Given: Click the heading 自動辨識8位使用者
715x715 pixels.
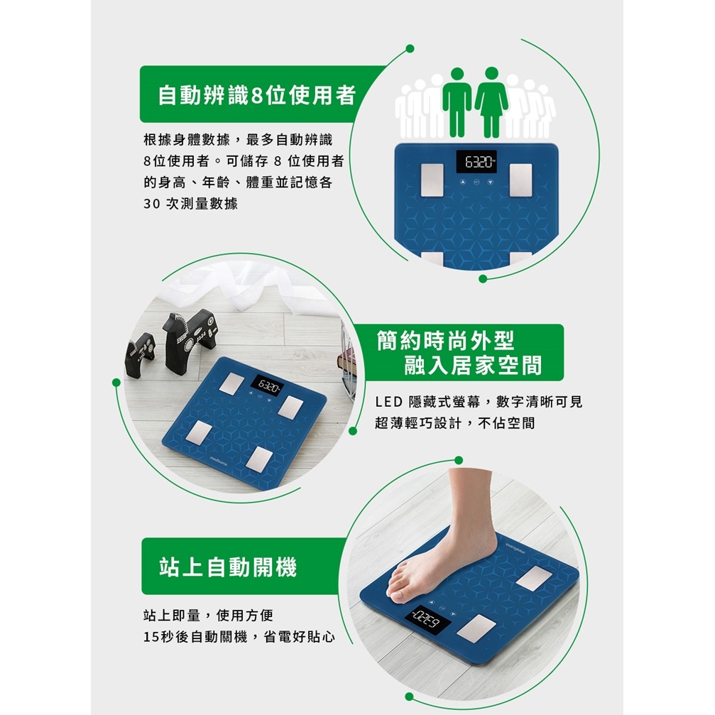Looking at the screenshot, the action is (x=257, y=95).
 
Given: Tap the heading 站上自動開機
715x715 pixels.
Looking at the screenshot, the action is (x=228, y=567).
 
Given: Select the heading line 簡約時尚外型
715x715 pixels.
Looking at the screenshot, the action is (x=445, y=340).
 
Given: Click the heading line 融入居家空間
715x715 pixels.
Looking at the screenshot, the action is (x=473, y=365).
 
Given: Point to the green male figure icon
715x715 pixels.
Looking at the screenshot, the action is (x=457, y=102).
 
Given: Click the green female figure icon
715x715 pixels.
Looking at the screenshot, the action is (x=491, y=102).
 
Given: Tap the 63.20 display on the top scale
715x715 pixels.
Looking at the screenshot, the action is (x=476, y=162).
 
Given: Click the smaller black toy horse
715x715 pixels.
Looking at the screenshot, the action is (x=140, y=354).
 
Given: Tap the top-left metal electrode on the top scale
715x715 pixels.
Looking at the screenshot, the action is (x=432, y=180).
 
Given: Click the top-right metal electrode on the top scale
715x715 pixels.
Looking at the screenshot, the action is (x=520, y=180).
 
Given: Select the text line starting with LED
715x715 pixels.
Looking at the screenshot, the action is (x=479, y=402).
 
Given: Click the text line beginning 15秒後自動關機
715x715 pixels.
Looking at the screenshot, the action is (x=239, y=637).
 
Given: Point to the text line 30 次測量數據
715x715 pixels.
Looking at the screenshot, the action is (x=190, y=203).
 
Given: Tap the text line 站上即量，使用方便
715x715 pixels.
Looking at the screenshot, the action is (x=208, y=615).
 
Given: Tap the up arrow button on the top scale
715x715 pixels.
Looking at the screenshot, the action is (x=463, y=182).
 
